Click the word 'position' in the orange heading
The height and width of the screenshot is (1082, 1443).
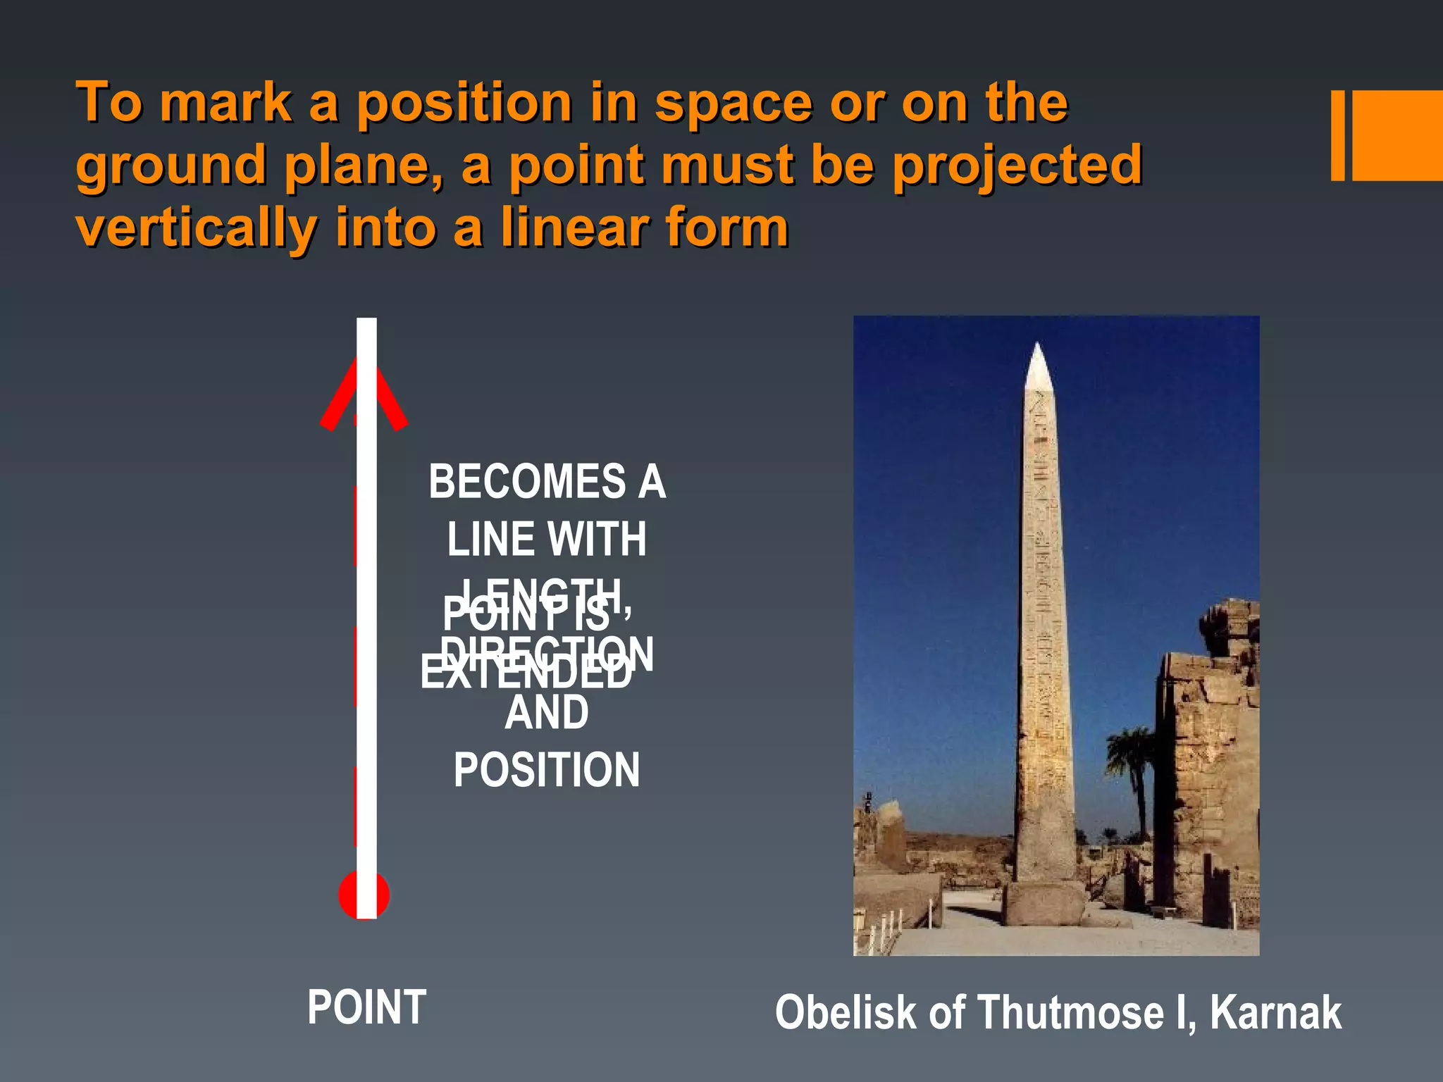pyautogui.click(x=464, y=104)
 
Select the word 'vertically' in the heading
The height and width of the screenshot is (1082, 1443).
pyautogui.click(x=197, y=228)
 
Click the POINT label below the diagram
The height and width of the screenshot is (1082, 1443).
pyautogui.click(x=366, y=1007)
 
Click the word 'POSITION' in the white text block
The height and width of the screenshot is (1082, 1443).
pyautogui.click(x=547, y=769)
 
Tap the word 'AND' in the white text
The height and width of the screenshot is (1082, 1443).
pyautogui.click(x=547, y=712)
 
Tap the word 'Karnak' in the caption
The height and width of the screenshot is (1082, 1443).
pyautogui.click(x=1275, y=1013)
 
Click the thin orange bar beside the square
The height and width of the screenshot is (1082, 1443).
pyautogui.click(x=1337, y=135)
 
